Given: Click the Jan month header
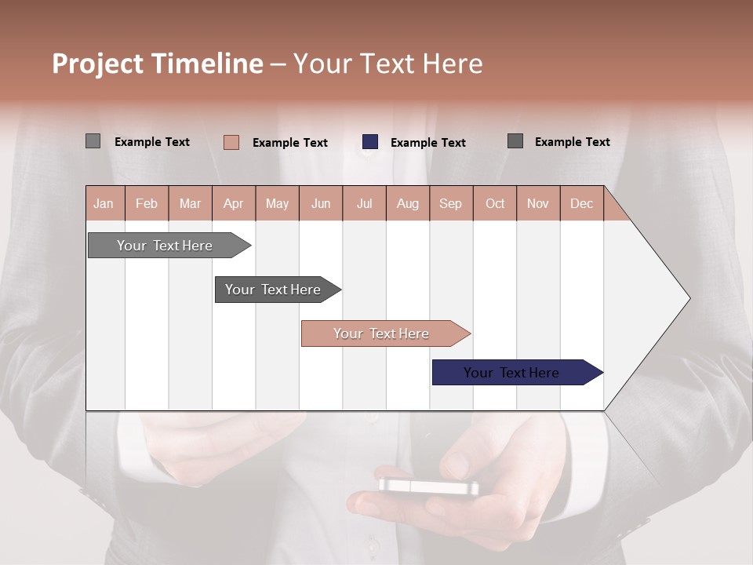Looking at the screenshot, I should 104,204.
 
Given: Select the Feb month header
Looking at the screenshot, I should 147,204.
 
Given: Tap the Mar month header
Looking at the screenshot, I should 190,204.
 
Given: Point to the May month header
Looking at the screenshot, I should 277,204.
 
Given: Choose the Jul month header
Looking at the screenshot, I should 364,204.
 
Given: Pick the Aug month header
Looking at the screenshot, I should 407,204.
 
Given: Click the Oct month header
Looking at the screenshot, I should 495,204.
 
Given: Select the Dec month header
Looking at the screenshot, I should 581,204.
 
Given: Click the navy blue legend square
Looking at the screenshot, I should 370,142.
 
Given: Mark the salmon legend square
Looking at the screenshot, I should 231,142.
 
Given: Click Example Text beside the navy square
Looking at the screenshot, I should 427,143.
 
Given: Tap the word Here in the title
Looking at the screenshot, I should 453,64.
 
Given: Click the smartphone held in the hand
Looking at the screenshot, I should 428,486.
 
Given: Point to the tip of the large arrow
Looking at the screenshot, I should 689,298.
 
